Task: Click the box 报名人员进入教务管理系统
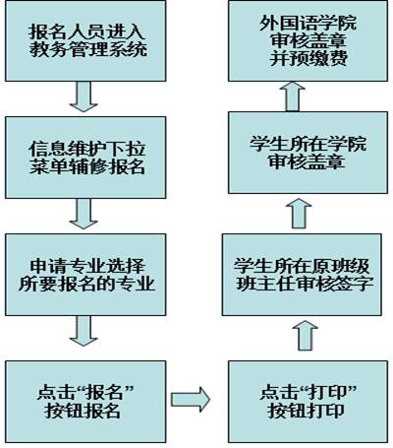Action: (85, 40)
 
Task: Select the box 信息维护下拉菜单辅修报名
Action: (85, 158)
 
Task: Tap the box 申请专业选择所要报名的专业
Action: (85, 275)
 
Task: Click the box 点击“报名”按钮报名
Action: (85, 402)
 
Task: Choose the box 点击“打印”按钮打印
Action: (308, 402)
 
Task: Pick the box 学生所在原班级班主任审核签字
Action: (302, 275)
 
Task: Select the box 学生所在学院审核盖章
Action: (308, 153)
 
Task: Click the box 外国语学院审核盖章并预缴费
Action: (308, 40)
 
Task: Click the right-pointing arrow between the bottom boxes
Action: (191, 400)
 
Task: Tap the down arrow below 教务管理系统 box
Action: (84, 96)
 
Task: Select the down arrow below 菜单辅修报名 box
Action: (84, 214)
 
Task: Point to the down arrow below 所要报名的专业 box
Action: (84, 331)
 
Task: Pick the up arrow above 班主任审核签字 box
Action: (299, 214)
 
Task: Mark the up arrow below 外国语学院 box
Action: (293, 96)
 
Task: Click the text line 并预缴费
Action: (309, 59)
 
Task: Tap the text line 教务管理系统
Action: (88, 50)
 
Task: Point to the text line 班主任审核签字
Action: (305, 285)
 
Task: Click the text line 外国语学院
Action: (309, 23)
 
